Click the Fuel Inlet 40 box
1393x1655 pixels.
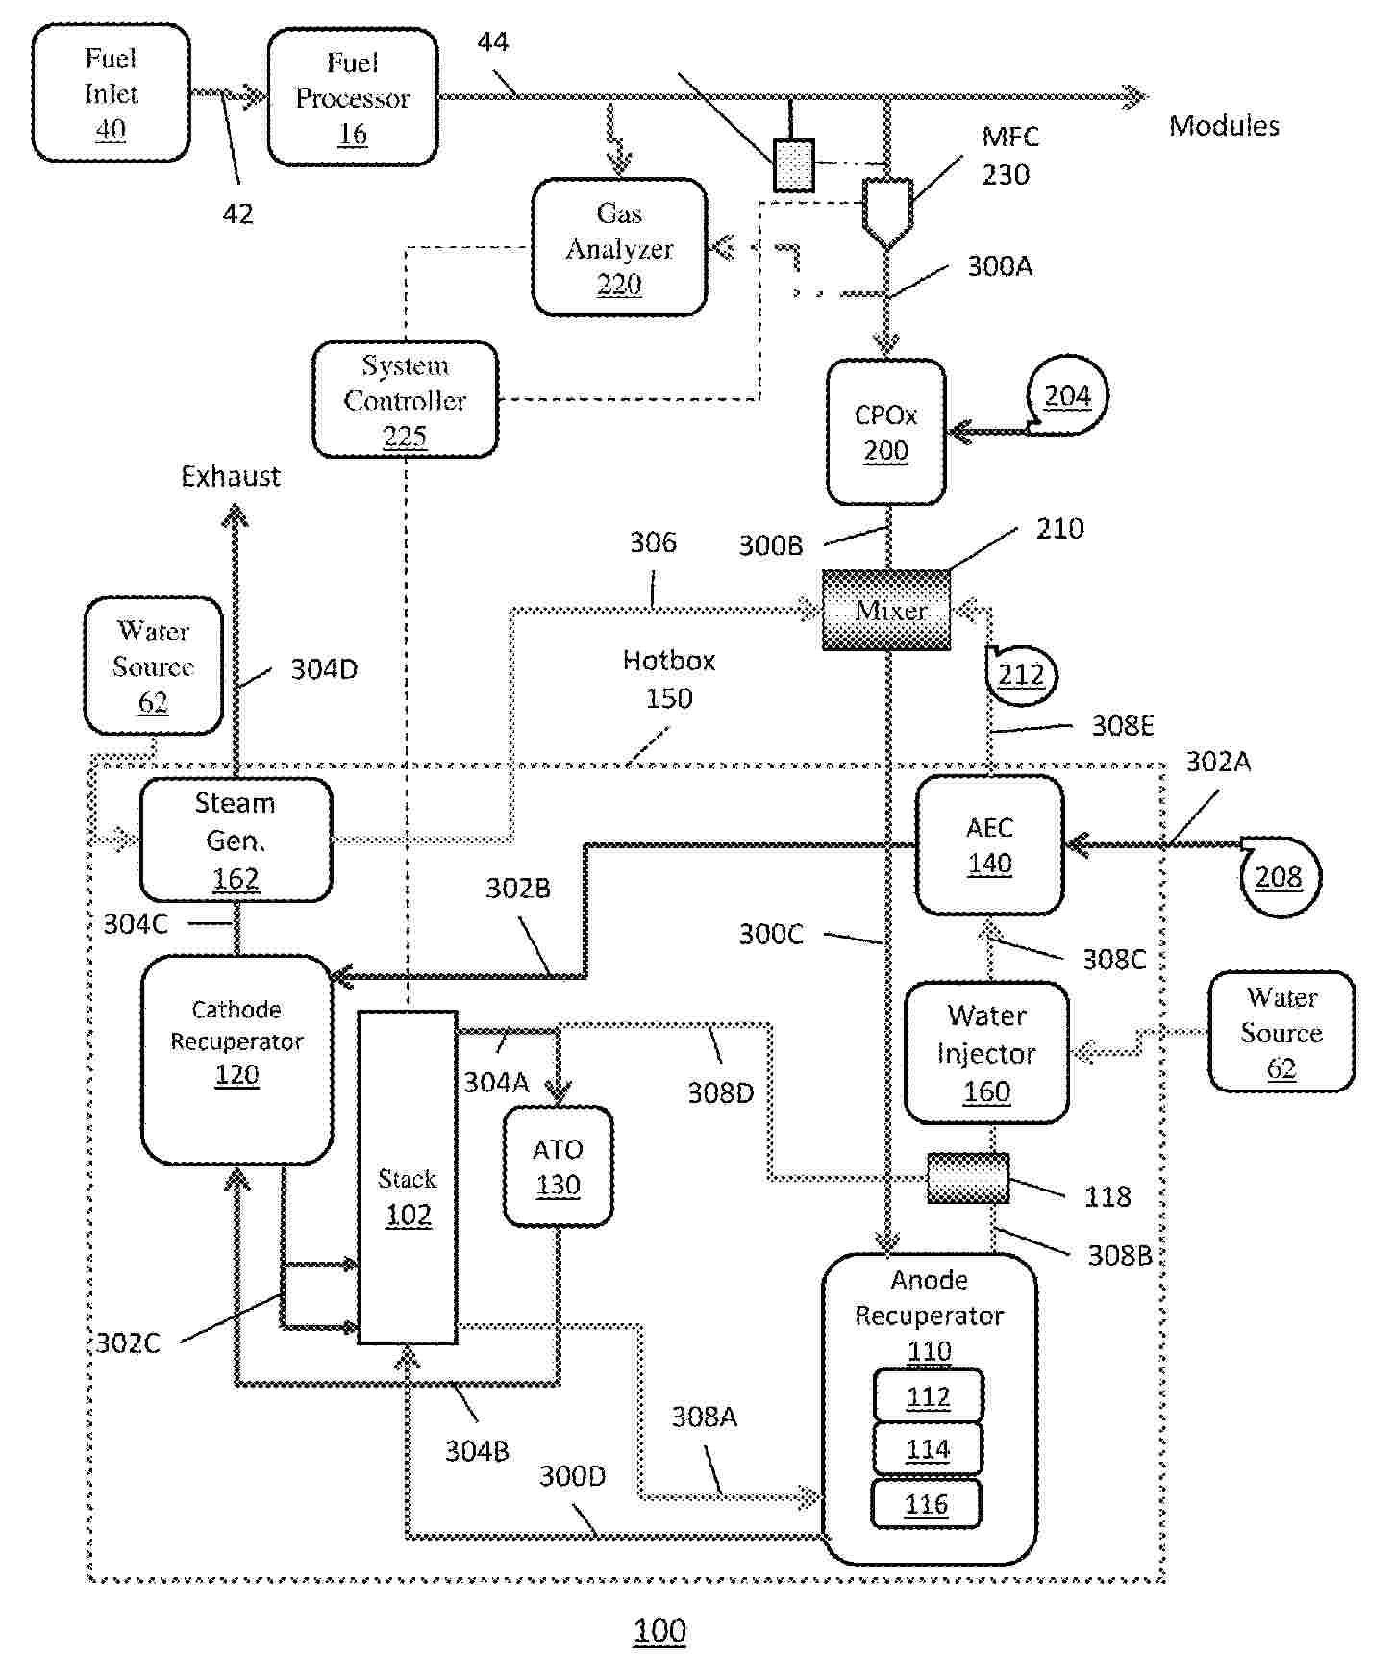(x=111, y=93)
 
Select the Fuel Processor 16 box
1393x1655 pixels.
(x=353, y=97)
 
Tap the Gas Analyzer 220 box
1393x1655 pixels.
(x=619, y=247)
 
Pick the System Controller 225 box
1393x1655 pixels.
(x=405, y=399)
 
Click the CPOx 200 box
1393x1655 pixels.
(x=885, y=432)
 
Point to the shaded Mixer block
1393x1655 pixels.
(x=886, y=610)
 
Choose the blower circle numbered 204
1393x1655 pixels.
(x=1067, y=395)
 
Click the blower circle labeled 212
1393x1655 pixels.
(x=1021, y=674)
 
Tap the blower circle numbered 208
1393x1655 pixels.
(x=1279, y=876)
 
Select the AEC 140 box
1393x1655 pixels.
(x=989, y=844)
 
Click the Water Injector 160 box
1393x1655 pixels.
(x=986, y=1053)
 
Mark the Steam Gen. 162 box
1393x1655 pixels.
(x=236, y=840)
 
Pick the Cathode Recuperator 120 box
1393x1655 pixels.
(x=236, y=1058)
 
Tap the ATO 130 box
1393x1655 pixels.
(x=558, y=1166)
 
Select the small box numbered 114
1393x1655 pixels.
(x=928, y=1448)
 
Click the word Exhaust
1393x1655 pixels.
(x=231, y=476)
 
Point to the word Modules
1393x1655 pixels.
(x=1224, y=126)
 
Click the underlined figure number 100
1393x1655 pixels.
(x=659, y=1630)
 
